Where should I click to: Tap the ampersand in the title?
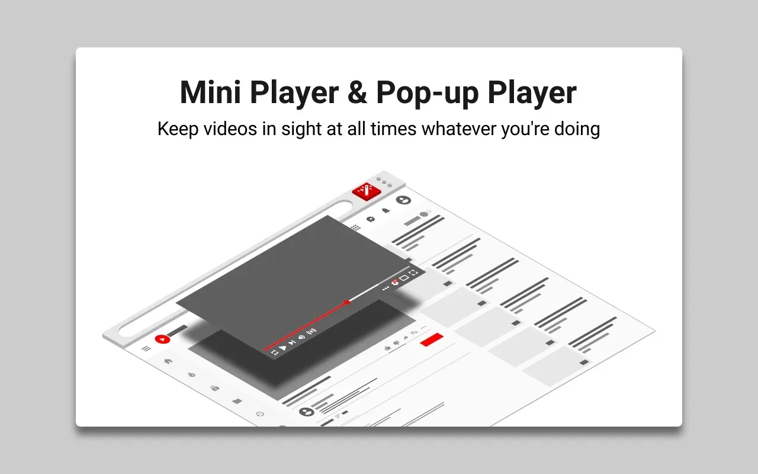coord(357,92)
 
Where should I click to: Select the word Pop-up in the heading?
coord(428,93)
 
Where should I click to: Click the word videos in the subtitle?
coord(230,129)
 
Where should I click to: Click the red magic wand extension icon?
coord(367,191)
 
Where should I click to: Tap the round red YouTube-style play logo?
coord(162,339)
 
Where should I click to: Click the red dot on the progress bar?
coord(347,302)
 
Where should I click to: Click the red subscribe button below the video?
coord(432,340)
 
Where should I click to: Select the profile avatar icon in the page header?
coord(403,200)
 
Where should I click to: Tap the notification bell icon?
coord(386,210)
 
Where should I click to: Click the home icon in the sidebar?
coord(168,361)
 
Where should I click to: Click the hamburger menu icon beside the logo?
coord(146,348)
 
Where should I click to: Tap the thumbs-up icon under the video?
coord(388,348)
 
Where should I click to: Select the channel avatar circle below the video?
coord(307,411)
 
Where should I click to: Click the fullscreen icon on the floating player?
coord(413,273)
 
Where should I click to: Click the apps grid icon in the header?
coord(355,228)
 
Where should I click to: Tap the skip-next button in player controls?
coord(292,342)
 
